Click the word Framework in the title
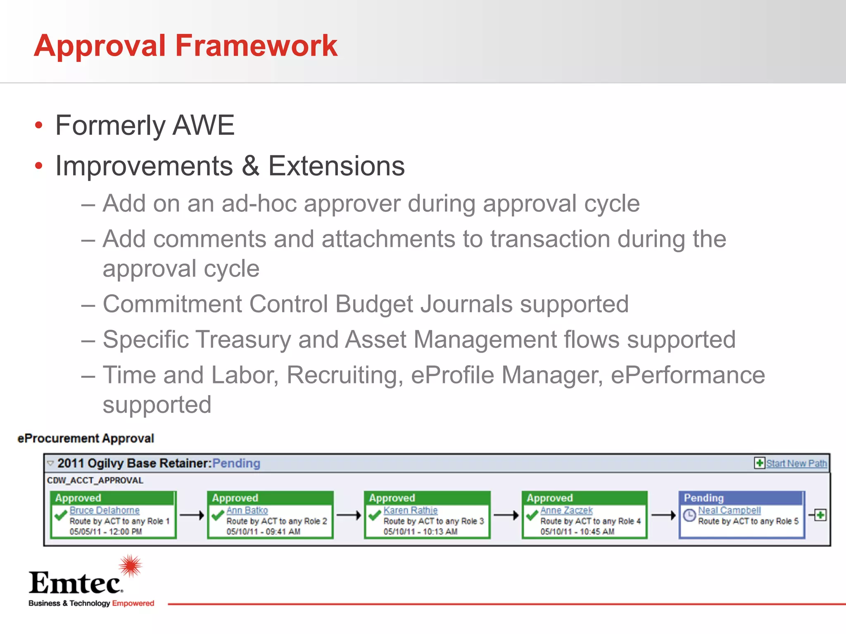click(256, 45)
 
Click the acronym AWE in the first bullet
click(203, 125)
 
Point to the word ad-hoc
click(259, 203)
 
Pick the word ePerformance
click(688, 375)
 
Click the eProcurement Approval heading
click(86, 438)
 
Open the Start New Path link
click(796, 464)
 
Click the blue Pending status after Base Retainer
click(236, 464)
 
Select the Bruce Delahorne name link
click(105, 511)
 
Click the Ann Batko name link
click(247, 511)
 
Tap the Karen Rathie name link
click(410, 511)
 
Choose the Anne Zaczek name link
click(566, 511)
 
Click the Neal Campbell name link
click(729, 511)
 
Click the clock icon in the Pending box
click(689, 516)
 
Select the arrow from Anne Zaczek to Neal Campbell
click(663, 515)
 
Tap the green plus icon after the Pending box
click(820, 515)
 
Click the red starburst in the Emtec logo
click(131, 566)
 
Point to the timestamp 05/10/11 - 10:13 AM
click(420, 532)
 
